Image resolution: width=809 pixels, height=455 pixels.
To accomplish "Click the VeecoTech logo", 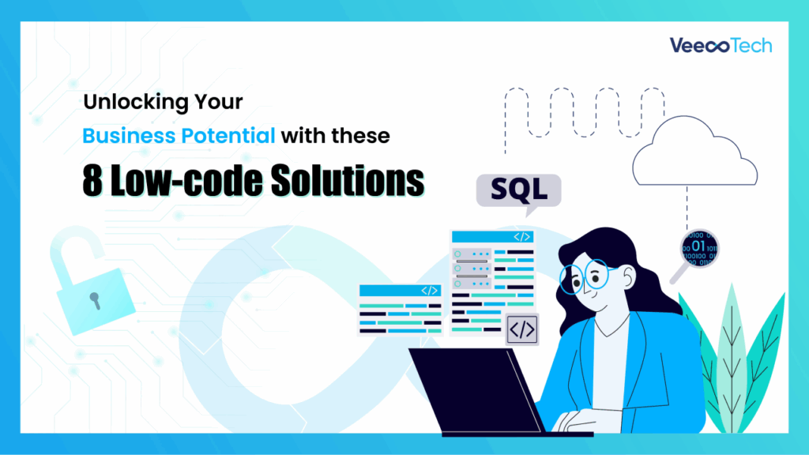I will [x=721, y=45].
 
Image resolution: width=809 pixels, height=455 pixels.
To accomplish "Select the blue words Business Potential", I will [x=179, y=135].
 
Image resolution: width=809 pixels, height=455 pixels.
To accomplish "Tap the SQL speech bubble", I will [x=518, y=190].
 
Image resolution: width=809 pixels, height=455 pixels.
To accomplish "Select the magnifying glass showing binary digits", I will [x=698, y=249].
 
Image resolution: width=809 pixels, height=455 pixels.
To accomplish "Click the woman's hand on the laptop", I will [x=570, y=421].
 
